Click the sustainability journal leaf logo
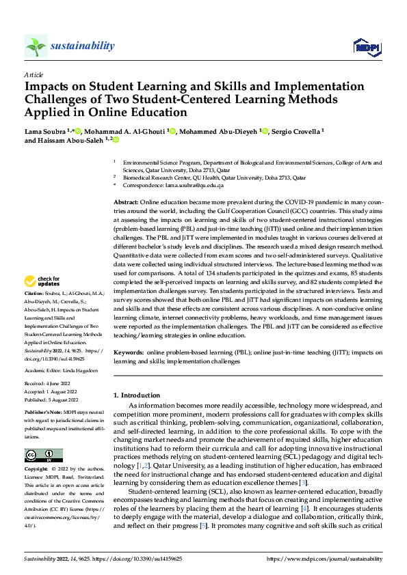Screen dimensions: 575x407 tap(36, 46)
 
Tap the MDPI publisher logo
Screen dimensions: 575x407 tap(366, 46)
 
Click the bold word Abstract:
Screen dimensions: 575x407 tap(126, 204)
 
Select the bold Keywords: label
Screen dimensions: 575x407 tap(129, 352)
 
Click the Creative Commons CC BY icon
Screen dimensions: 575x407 tap(43, 455)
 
